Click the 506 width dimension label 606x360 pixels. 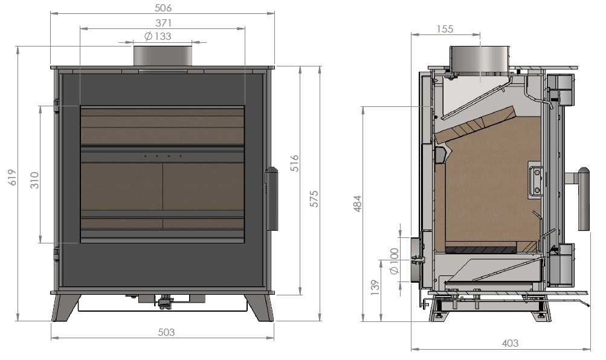tap(163, 8)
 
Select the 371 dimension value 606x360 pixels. tap(164, 23)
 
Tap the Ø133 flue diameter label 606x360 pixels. tap(158, 36)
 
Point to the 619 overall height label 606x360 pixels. tap(13, 178)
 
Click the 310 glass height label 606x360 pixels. tap(34, 181)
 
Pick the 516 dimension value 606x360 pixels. tap(294, 163)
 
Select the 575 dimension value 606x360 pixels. tap(314, 199)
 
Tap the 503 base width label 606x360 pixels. tap(166, 332)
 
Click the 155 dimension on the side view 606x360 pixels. tap(445, 29)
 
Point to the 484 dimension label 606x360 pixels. tap(358, 204)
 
